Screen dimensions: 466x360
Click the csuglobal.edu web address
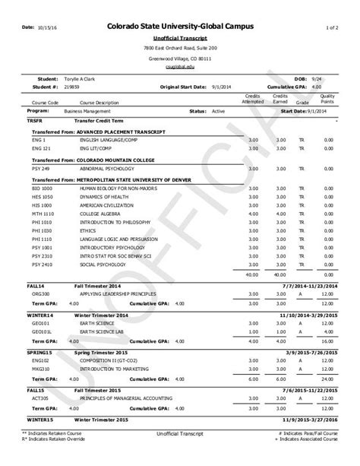click(179, 66)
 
